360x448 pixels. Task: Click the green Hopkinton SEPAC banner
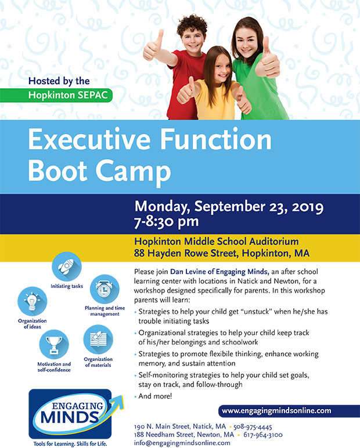pos(56,95)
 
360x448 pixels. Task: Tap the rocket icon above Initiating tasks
pos(67,266)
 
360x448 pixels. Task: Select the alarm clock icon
pos(105,289)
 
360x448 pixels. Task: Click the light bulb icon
pos(32,301)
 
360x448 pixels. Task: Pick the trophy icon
pos(54,344)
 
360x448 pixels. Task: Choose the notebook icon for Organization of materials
pos(98,339)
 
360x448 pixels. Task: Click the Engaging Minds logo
pos(76,414)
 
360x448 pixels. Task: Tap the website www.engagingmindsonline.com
pos(276,411)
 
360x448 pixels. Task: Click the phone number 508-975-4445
pos(253,427)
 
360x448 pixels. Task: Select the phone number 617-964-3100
pos(263,435)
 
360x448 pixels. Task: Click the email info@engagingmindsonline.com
pos(182,443)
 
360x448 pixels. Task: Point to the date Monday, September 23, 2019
pos(229,206)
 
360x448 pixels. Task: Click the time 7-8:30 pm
pos(167,222)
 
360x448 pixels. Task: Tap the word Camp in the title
pos(133,171)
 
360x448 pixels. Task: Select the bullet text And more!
pos(155,396)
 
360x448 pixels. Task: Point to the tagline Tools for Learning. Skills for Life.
pos(70,444)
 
